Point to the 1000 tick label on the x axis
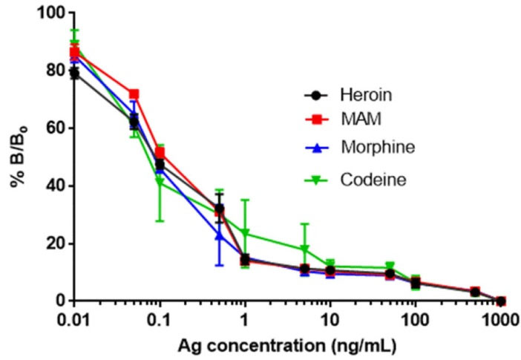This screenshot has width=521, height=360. tap(500, 320)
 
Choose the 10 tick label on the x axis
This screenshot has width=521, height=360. tap(329, 320)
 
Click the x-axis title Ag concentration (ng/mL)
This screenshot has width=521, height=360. tap(286, 345)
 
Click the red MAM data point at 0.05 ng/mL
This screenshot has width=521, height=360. tap(134, 95)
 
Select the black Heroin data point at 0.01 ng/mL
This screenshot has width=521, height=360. tap(73, 73)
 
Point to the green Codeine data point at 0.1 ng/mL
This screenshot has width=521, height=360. tap(159, 181)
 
